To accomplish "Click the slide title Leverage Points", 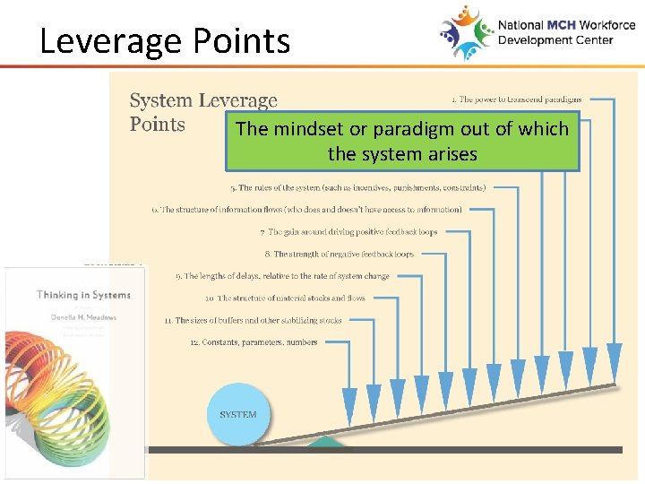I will pos(165,41).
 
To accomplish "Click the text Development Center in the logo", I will pos(555,40).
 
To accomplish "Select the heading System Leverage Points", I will pos(203,113).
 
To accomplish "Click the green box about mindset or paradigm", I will pos(402,141).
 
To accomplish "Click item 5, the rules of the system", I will pos(357,188).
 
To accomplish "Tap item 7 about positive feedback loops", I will pos(348,232).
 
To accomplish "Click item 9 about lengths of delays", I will pos(282,276).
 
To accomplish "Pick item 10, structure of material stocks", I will pos(285,298).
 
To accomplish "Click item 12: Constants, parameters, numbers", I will pos(254,342).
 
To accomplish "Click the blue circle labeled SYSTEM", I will pos(238,415).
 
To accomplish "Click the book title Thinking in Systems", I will pos(83,295).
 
